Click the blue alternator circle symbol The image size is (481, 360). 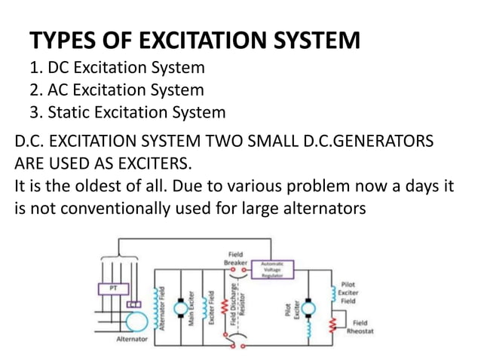tap(135, 319)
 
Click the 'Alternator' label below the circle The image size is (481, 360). tap(131, 340)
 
